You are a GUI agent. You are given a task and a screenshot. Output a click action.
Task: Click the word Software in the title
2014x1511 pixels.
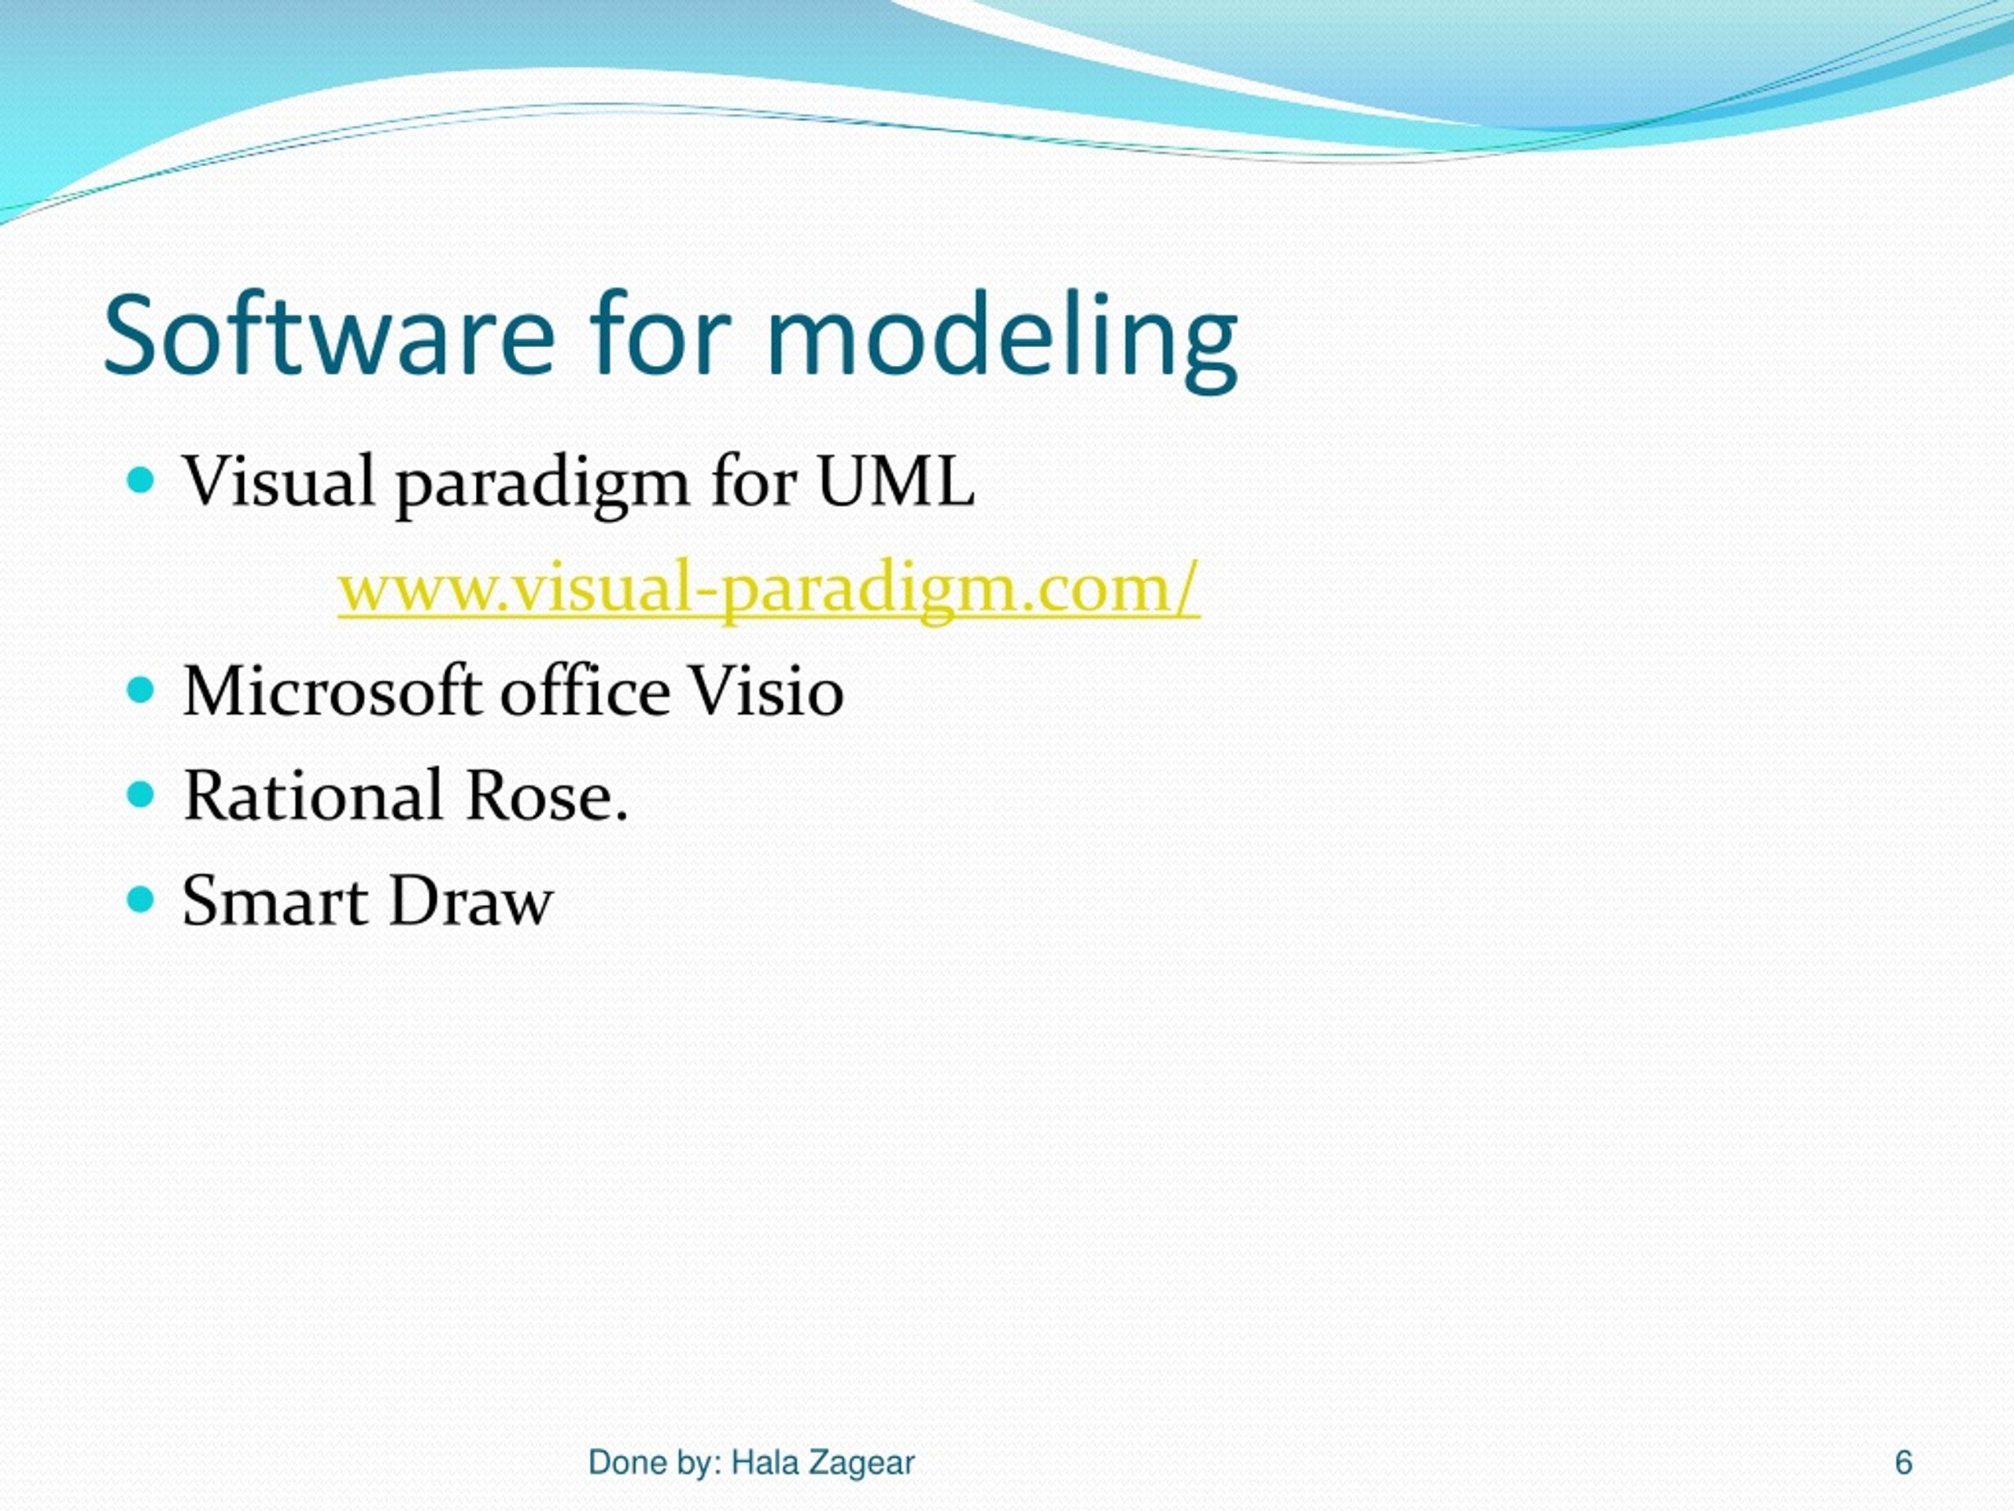tap(328, 335)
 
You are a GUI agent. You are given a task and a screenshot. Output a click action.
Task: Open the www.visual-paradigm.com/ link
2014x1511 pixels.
tap(769, 589)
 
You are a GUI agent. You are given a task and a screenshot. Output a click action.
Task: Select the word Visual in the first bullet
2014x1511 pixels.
tap(278, 482)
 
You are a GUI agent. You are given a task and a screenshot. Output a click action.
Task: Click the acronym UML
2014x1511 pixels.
tap(896, 482)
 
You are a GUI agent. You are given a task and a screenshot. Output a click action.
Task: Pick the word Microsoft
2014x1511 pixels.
tap(331, 691)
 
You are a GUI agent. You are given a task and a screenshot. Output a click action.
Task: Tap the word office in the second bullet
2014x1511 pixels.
tap(585, 691)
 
